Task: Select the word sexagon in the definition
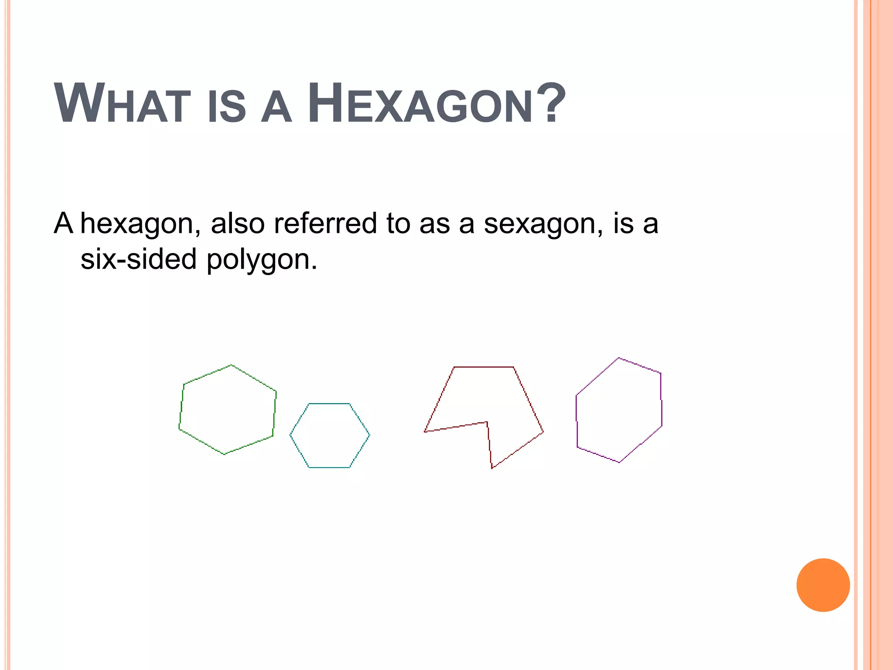543,224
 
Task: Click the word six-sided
139,259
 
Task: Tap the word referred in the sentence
325,223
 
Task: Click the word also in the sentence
238,223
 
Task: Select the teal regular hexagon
330,435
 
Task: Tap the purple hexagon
619,410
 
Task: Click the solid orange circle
823,585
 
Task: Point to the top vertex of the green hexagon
231,365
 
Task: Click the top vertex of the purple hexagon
618,358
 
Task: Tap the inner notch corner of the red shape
487,422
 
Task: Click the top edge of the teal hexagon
329,403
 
